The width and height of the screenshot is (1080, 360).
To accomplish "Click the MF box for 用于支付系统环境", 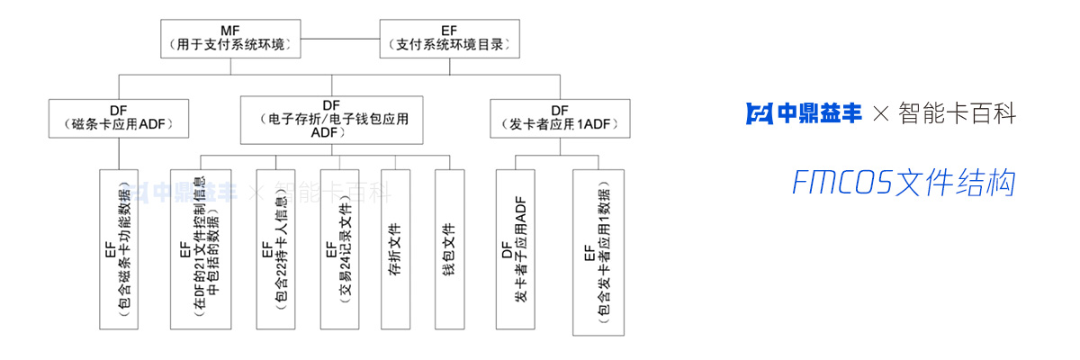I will click(230, 35).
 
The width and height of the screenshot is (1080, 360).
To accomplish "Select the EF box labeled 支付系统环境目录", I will click(450, 35).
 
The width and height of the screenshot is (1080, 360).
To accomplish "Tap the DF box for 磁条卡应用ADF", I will click(119, 118).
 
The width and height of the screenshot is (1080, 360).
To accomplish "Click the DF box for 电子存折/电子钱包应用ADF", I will click(332, 119).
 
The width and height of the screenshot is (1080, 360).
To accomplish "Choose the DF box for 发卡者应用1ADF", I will click(560, 118).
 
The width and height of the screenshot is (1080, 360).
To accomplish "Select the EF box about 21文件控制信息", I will click(200, 247).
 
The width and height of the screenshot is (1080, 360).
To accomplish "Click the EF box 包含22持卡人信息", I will click(274, 247).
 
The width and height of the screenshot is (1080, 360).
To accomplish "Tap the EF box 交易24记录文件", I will click(338, 247).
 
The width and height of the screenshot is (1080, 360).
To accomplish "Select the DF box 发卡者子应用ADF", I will click(515, 247).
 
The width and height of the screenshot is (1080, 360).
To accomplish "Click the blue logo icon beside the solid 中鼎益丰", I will click(760, 113).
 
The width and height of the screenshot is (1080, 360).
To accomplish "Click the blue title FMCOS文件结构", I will click(904, 183).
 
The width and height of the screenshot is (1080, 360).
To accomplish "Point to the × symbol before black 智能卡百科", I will click(881, 114).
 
